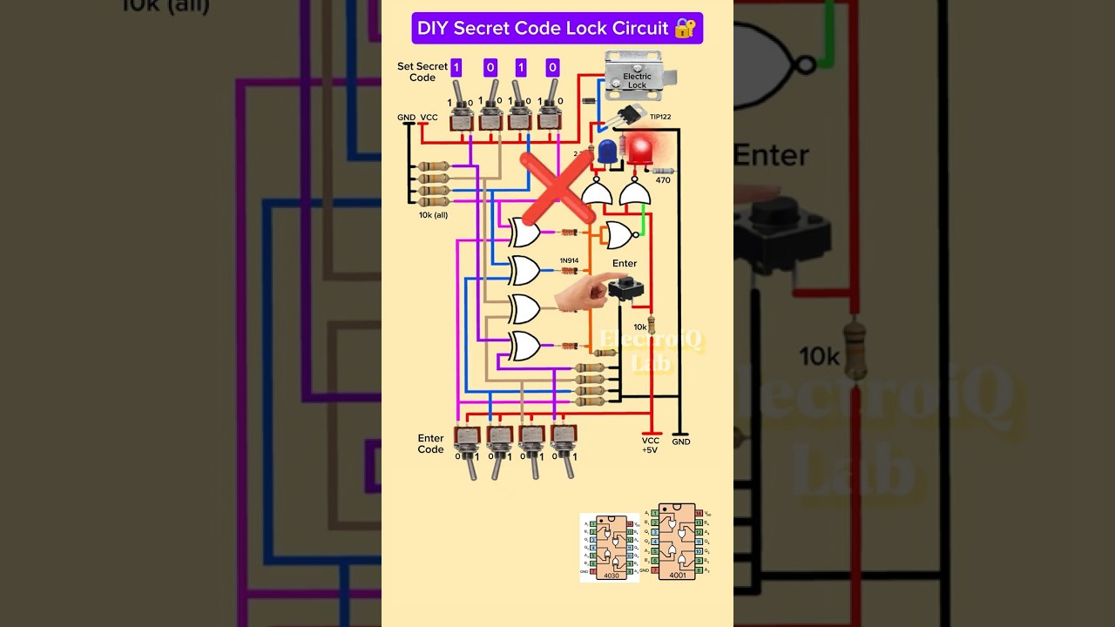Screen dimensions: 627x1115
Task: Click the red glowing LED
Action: coord(641,150)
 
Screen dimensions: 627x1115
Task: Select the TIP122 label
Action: coord(660,117)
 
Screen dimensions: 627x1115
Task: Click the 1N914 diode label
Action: coord(569,260)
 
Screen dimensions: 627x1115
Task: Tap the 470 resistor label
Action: coord(663,180)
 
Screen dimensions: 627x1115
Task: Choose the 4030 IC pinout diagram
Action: coord(610,548)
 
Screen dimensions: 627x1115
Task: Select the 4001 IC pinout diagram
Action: coord(677,542)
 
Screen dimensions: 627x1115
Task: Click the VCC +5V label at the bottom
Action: coord(650,445)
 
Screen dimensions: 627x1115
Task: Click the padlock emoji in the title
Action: coord(685,28)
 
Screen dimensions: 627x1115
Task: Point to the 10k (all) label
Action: coord(433,214)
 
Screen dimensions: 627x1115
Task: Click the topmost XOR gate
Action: coord(524,233)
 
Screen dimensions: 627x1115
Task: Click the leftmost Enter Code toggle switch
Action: coord(468,448)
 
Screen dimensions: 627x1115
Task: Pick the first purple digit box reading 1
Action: coord(456,68)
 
